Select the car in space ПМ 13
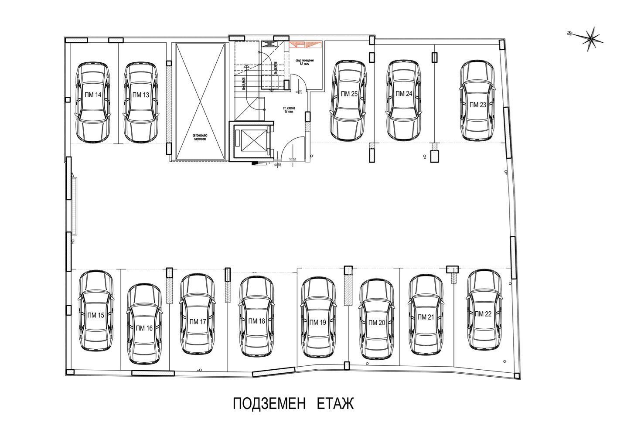(140, 113)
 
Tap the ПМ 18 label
(256, 321)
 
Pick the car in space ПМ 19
(317, 340)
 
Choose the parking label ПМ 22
(483, 314)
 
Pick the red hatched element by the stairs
(305, 44)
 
